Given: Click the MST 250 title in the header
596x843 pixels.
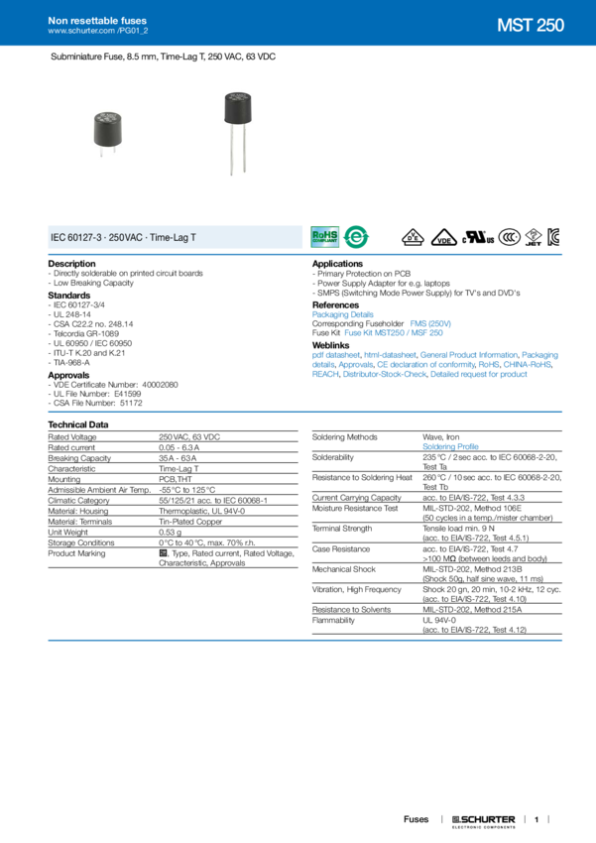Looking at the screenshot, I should click(530, 27).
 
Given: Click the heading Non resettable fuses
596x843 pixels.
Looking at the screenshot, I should click(91, 20).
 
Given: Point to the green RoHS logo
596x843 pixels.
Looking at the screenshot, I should click(324, 236).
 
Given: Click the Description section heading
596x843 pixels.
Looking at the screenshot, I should click(72, 262).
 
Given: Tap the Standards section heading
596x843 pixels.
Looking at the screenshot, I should click(69, 294).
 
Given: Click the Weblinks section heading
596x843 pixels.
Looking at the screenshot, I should click(331, 345).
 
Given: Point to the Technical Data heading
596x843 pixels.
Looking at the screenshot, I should click(79, 423).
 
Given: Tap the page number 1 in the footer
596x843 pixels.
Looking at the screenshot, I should click(536, 820).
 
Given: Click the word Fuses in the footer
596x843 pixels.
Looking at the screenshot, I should click(415, 820).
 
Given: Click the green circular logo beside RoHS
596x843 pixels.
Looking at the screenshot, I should click(351, 237).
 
